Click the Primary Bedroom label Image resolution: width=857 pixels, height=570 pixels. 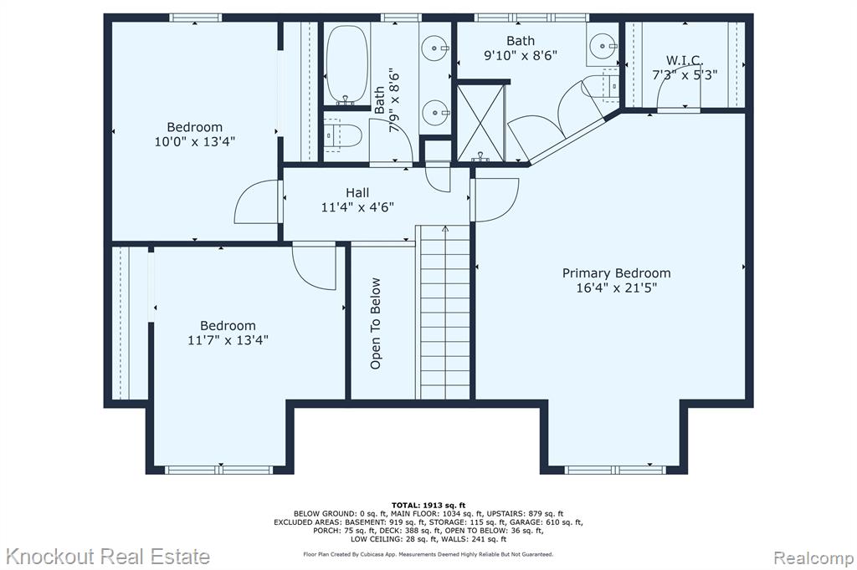pos(616,273)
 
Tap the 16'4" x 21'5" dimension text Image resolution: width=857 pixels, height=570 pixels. pos(616,288)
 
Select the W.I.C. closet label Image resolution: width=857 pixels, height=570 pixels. pos(685,60)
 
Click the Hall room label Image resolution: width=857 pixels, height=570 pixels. pos(357,193)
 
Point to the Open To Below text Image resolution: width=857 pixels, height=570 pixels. pos(376,323)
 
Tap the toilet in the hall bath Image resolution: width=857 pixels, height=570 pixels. pos(342,135)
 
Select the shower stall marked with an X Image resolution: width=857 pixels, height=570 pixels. pos(481,122)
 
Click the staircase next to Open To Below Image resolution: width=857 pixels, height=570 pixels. pos(444,312)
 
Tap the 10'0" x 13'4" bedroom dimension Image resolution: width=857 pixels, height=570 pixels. pos(194,142)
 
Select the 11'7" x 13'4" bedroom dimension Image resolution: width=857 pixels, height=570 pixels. pos(228,340)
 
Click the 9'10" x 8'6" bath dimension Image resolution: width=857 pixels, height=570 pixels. pos(521,55)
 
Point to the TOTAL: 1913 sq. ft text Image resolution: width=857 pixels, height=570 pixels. pos(428,506)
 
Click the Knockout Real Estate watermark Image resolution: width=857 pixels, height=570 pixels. pos(107,557)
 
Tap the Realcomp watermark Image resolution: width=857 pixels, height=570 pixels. pos(813,558)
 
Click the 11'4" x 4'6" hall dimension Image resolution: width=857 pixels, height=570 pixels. pos(357,207)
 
